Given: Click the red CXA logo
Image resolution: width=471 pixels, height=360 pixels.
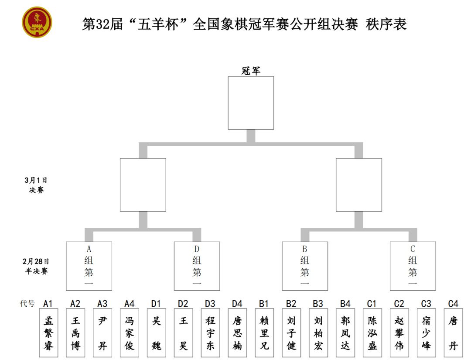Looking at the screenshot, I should point(37,22).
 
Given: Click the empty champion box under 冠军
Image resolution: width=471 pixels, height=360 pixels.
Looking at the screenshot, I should point(251,103).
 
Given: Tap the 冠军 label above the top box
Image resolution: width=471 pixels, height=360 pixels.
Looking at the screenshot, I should point(251,71).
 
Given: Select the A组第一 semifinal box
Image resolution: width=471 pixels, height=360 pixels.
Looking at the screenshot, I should point(89,266).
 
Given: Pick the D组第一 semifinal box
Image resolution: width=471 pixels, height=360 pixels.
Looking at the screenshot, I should point(197,266).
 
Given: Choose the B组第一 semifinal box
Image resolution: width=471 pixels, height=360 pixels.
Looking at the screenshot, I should point(304,266).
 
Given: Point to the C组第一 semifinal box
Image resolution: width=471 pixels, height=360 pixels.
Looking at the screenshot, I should point(413,266).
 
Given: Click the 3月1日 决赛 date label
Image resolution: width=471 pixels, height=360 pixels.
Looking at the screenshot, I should point(36,185).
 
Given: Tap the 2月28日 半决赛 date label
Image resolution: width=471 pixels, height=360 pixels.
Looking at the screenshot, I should point(36,266).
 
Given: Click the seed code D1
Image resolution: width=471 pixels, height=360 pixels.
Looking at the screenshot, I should point(156,304).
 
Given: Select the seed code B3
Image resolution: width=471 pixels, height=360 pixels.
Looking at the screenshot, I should point(318,304).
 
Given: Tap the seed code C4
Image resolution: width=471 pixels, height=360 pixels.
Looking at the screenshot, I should point(453,304).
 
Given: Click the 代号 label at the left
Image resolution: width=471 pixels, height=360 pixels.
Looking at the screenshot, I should point(27,304).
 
